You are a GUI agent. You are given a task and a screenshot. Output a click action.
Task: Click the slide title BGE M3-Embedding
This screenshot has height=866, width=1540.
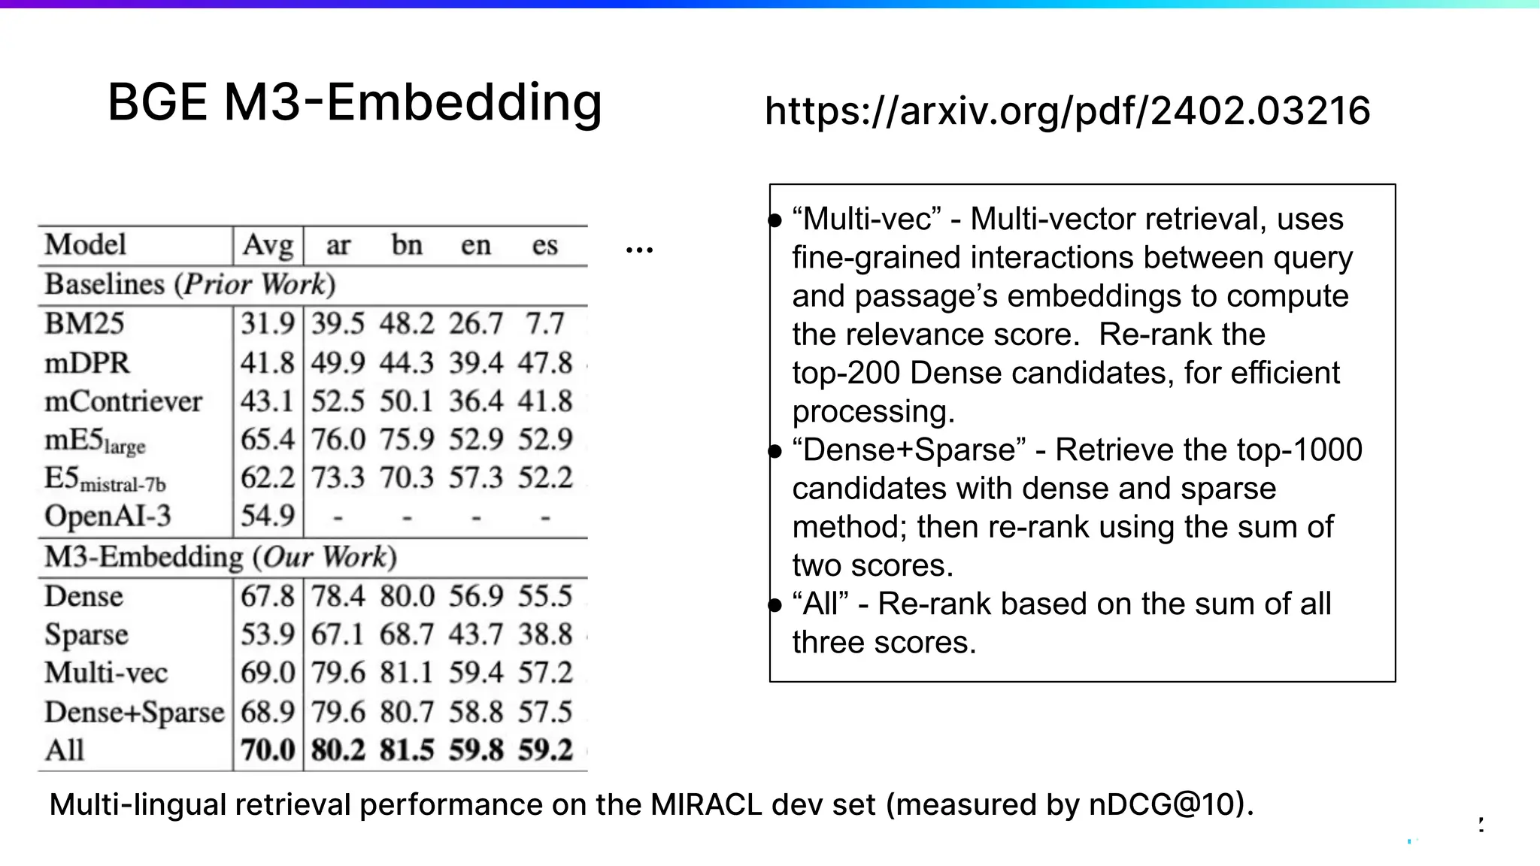(355, 102)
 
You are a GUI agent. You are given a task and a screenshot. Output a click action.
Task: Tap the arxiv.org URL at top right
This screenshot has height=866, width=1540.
(1067, 111)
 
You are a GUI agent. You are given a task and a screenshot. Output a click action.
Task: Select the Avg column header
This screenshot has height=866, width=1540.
(268, 245)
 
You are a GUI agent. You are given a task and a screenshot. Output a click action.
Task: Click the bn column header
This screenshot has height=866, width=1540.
(407, 245)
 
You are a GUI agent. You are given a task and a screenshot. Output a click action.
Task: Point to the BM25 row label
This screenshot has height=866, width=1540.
(84, 323)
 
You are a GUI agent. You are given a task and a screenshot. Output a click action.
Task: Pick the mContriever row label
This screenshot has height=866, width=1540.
(123, 401)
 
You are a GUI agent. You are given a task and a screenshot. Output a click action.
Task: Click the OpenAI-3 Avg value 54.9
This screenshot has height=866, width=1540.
(268, 516)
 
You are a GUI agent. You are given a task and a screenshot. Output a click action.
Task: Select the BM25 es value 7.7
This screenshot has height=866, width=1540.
(544, 323)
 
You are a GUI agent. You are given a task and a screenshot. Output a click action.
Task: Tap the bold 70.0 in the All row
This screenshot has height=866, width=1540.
(268, 750)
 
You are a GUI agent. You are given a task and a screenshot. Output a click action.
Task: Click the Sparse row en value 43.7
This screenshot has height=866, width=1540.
(476, 634)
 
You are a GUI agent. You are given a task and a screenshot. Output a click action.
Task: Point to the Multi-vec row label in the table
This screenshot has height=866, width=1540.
(106, 673)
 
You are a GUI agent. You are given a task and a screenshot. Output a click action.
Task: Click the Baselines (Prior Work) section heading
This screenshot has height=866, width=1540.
(189, 284)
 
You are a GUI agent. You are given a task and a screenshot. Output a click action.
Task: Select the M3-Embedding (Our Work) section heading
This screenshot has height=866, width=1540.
(220, 557)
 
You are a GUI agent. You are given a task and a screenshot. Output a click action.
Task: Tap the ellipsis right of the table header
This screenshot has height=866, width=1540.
(639, 250)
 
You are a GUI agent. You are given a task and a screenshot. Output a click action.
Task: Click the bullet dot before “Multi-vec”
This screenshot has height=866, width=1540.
(775, 220)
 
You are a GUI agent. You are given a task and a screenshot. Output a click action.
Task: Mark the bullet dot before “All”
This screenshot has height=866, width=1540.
(775, 605)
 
